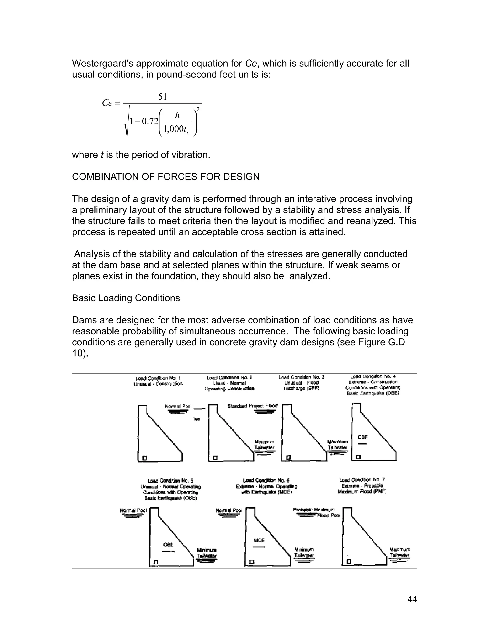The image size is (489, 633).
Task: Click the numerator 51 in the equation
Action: (163, 97)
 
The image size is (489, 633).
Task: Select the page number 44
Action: (412, 599)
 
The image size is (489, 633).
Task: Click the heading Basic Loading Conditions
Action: (126, 298)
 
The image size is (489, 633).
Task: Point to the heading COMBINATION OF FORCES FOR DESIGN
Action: (165, 177)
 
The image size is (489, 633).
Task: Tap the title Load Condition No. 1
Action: (158, 378)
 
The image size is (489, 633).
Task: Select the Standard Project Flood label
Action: (252, 406)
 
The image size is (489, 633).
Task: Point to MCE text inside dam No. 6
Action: (259, 540)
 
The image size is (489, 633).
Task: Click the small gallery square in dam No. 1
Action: (144, 458)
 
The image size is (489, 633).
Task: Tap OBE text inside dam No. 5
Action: (168, 545)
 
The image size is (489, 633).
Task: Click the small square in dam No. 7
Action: (349, 562)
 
